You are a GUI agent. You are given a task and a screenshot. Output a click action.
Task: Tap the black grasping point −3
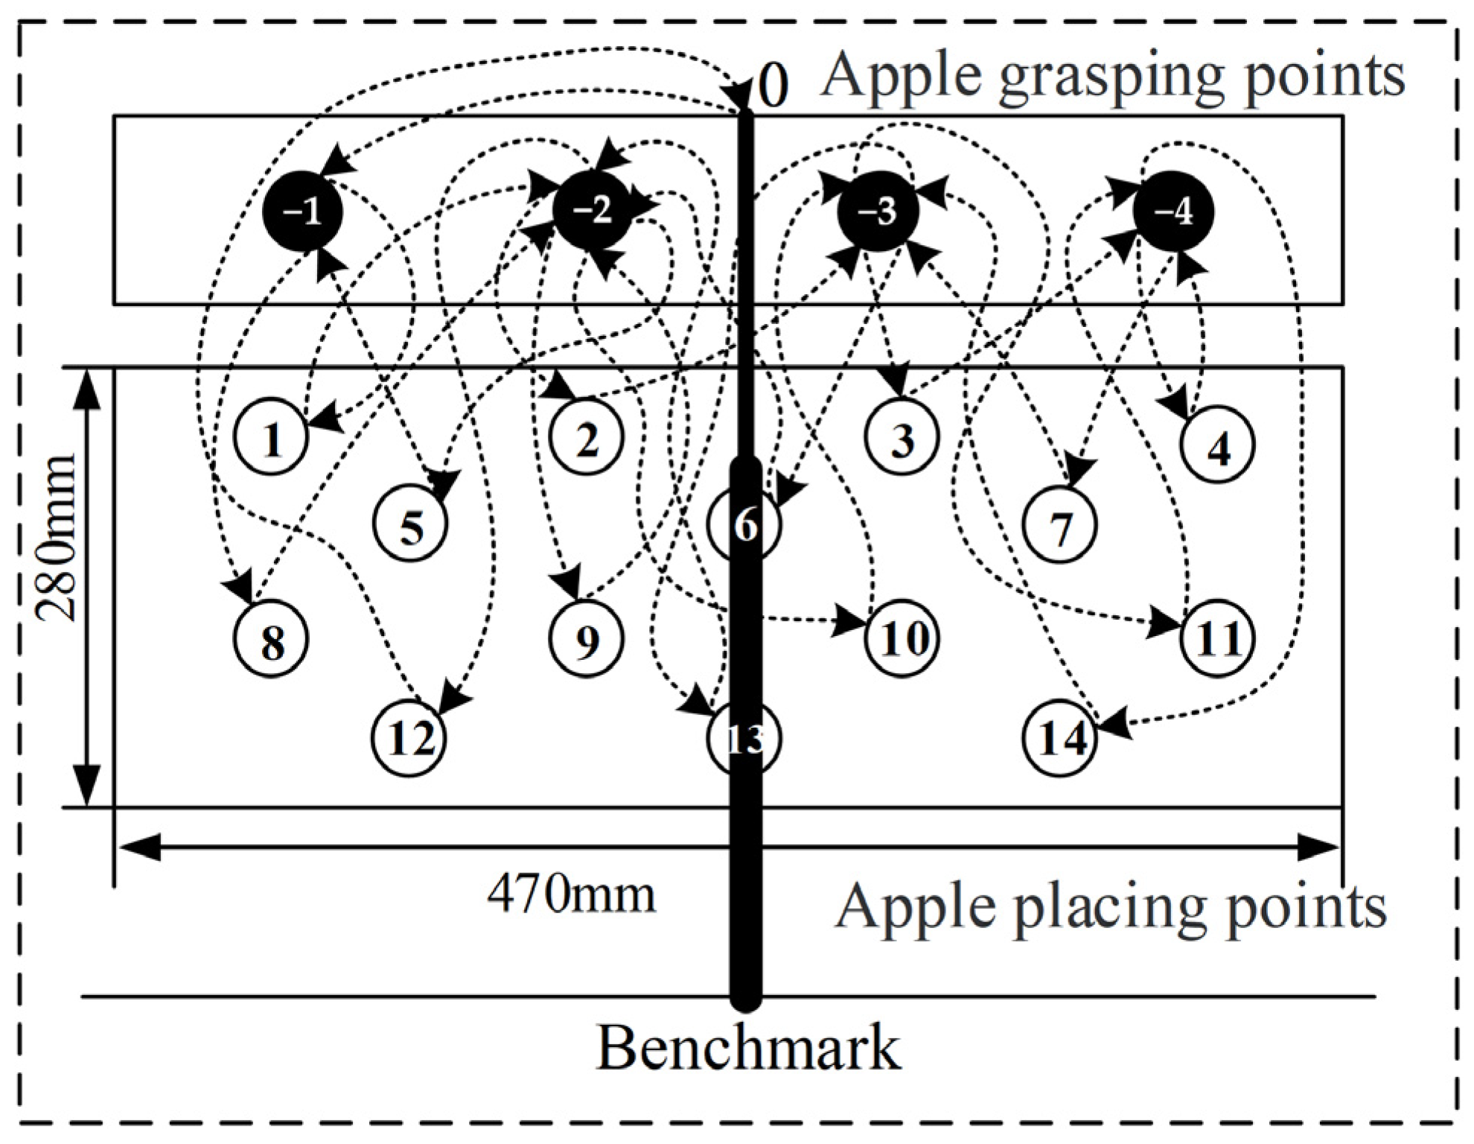coord(878,212)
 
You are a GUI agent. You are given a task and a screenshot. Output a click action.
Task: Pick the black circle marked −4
coord(1172,212)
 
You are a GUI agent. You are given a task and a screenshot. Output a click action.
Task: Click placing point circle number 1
coord(271,439)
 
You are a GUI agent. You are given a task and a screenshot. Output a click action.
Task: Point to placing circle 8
coord(271,639)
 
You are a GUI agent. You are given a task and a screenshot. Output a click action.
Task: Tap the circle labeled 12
coord(410,738)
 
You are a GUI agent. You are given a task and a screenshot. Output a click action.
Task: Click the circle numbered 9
coord(587,639)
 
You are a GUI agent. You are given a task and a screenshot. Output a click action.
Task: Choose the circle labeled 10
coord(902,638)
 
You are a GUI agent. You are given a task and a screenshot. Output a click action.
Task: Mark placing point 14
coord(1059,738)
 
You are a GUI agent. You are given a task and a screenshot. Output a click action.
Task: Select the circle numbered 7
coord(1059,524)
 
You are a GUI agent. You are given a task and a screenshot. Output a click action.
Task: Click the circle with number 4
coord(1218,445)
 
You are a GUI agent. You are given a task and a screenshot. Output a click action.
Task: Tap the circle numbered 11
coord(1217,638)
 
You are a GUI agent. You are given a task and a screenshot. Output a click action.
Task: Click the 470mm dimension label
coord(571,893)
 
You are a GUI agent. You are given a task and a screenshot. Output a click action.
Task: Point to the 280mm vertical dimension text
coord(57,537)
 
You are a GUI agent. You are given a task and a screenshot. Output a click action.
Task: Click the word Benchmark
coord(747,1049)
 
